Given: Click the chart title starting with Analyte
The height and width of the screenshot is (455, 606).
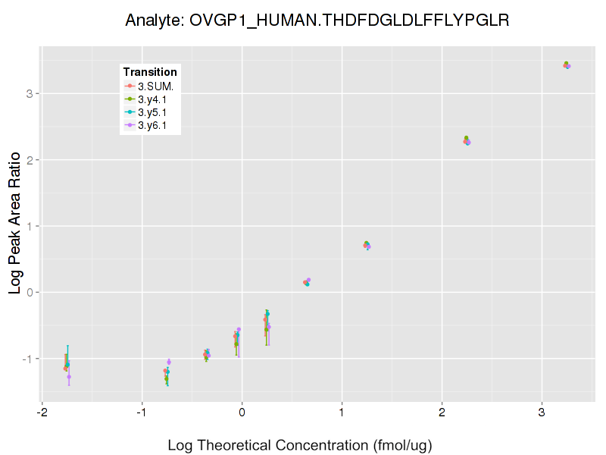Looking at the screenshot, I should (x=317, y=20).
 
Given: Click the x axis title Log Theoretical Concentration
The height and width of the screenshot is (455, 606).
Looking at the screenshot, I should (x=299, y=444).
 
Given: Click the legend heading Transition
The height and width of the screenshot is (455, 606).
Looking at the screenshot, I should (x=150, y=72).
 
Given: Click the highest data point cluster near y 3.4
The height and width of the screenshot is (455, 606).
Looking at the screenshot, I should (x=567, y=65).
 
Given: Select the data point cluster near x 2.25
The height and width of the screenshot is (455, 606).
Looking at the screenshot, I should (x=467, y=140).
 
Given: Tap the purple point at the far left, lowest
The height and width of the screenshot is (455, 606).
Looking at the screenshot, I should (x=69, y=376).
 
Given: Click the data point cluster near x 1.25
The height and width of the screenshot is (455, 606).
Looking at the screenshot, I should (x=367, y=244).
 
